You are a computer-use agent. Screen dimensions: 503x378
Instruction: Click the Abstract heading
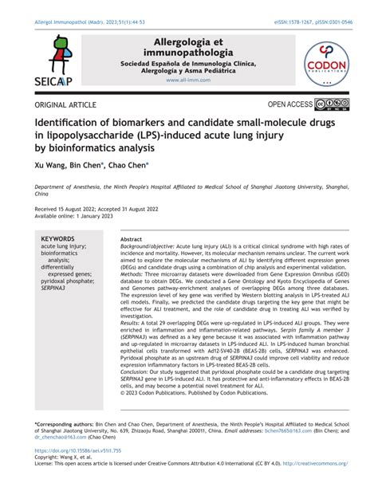(131, 239)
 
